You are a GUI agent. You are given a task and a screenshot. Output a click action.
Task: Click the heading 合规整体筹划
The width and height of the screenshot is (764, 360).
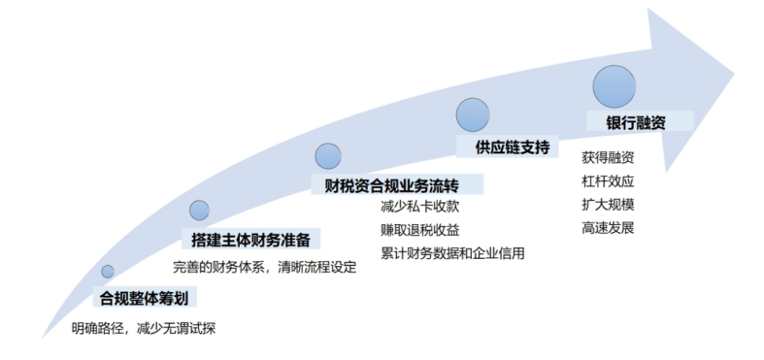[x=144, y=297]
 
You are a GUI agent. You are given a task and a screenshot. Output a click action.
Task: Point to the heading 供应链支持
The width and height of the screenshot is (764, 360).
[x=513, y=147]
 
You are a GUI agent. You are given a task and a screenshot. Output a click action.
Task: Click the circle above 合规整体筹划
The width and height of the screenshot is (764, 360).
[x=108, y=272]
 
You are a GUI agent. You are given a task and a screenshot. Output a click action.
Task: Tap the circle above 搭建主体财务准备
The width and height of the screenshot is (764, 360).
[x=199, y=210]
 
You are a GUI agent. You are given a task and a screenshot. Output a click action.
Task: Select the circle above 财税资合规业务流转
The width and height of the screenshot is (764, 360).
[x=328, y=155]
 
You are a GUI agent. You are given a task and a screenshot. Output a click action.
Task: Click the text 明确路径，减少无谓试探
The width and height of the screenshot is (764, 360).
[x=143, y=328]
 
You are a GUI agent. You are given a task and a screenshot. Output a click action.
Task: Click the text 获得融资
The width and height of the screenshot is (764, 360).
[x=608, y=157]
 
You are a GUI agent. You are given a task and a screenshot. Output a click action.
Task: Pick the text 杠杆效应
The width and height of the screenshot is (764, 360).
[x=608, y=180]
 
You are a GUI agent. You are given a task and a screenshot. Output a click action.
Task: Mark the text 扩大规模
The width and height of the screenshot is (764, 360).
[x=608, y=204]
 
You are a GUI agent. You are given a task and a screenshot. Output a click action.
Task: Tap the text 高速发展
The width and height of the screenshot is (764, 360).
[x=608, y=227]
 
